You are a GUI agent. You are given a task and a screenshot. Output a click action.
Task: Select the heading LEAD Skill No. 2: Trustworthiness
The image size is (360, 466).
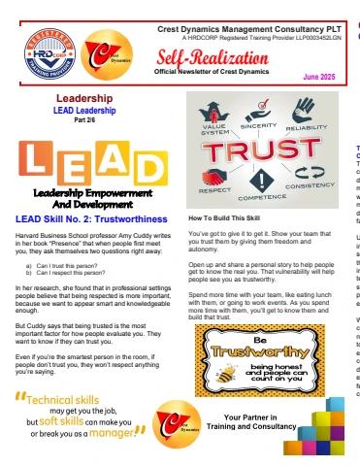coord(82,220)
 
